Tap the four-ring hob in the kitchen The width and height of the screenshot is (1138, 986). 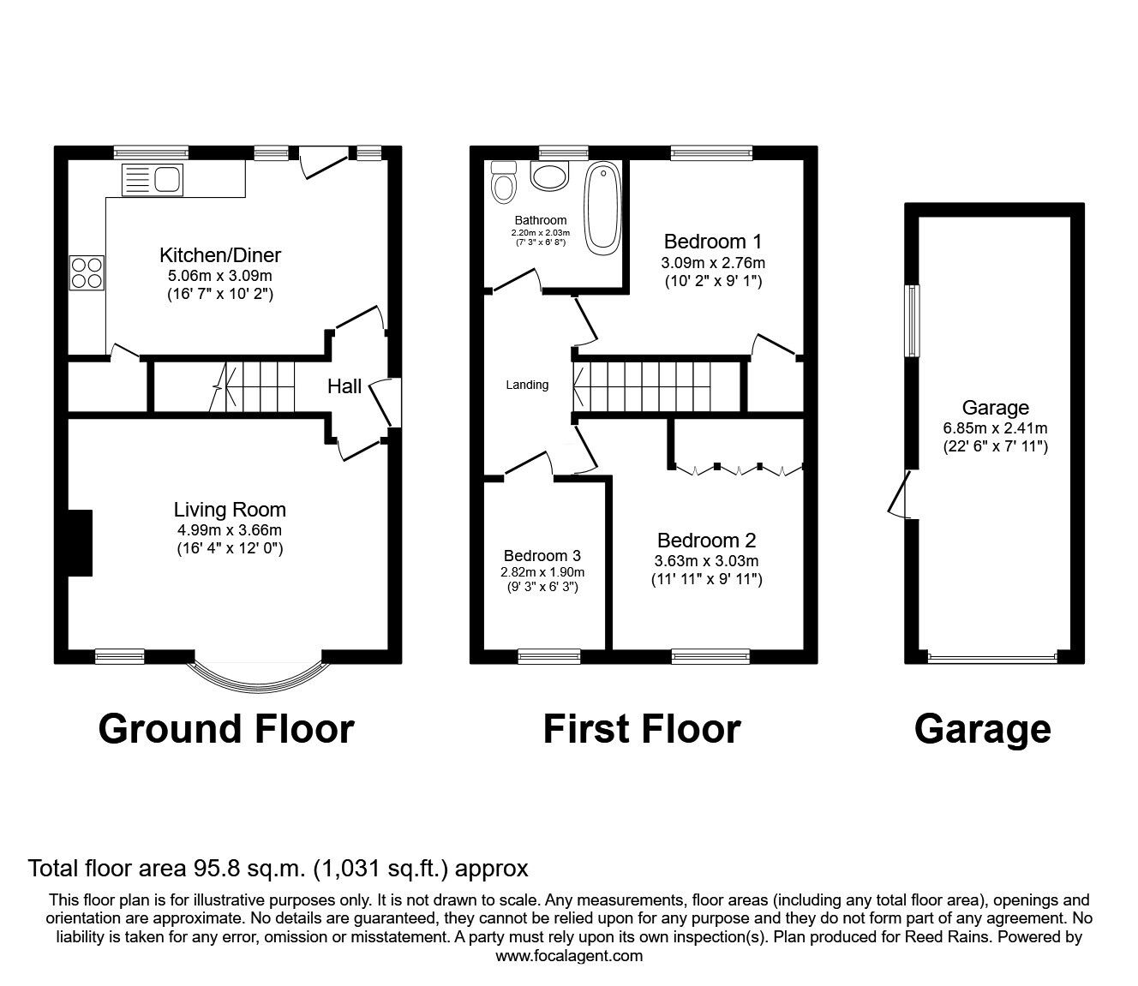(x=87, y=272)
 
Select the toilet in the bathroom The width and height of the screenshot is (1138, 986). (x=503, y=182)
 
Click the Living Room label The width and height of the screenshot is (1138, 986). (x=230, y=511)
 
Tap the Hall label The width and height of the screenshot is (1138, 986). (x=344, y=386)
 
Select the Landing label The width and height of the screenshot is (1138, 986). (x=527, y=385)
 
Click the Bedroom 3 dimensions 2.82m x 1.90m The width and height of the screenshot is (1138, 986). (x=542, y=572)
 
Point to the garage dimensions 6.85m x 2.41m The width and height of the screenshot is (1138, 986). (x=995, y=428)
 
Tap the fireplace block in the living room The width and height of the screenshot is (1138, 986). (x=80, y=542)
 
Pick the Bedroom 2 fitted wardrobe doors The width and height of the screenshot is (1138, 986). (x=738, y=469)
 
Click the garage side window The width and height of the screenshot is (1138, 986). (x=913, y=320)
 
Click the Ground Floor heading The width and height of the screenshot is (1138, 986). (x=226, y=729)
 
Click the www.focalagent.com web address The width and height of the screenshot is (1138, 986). (x=569, y=956)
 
